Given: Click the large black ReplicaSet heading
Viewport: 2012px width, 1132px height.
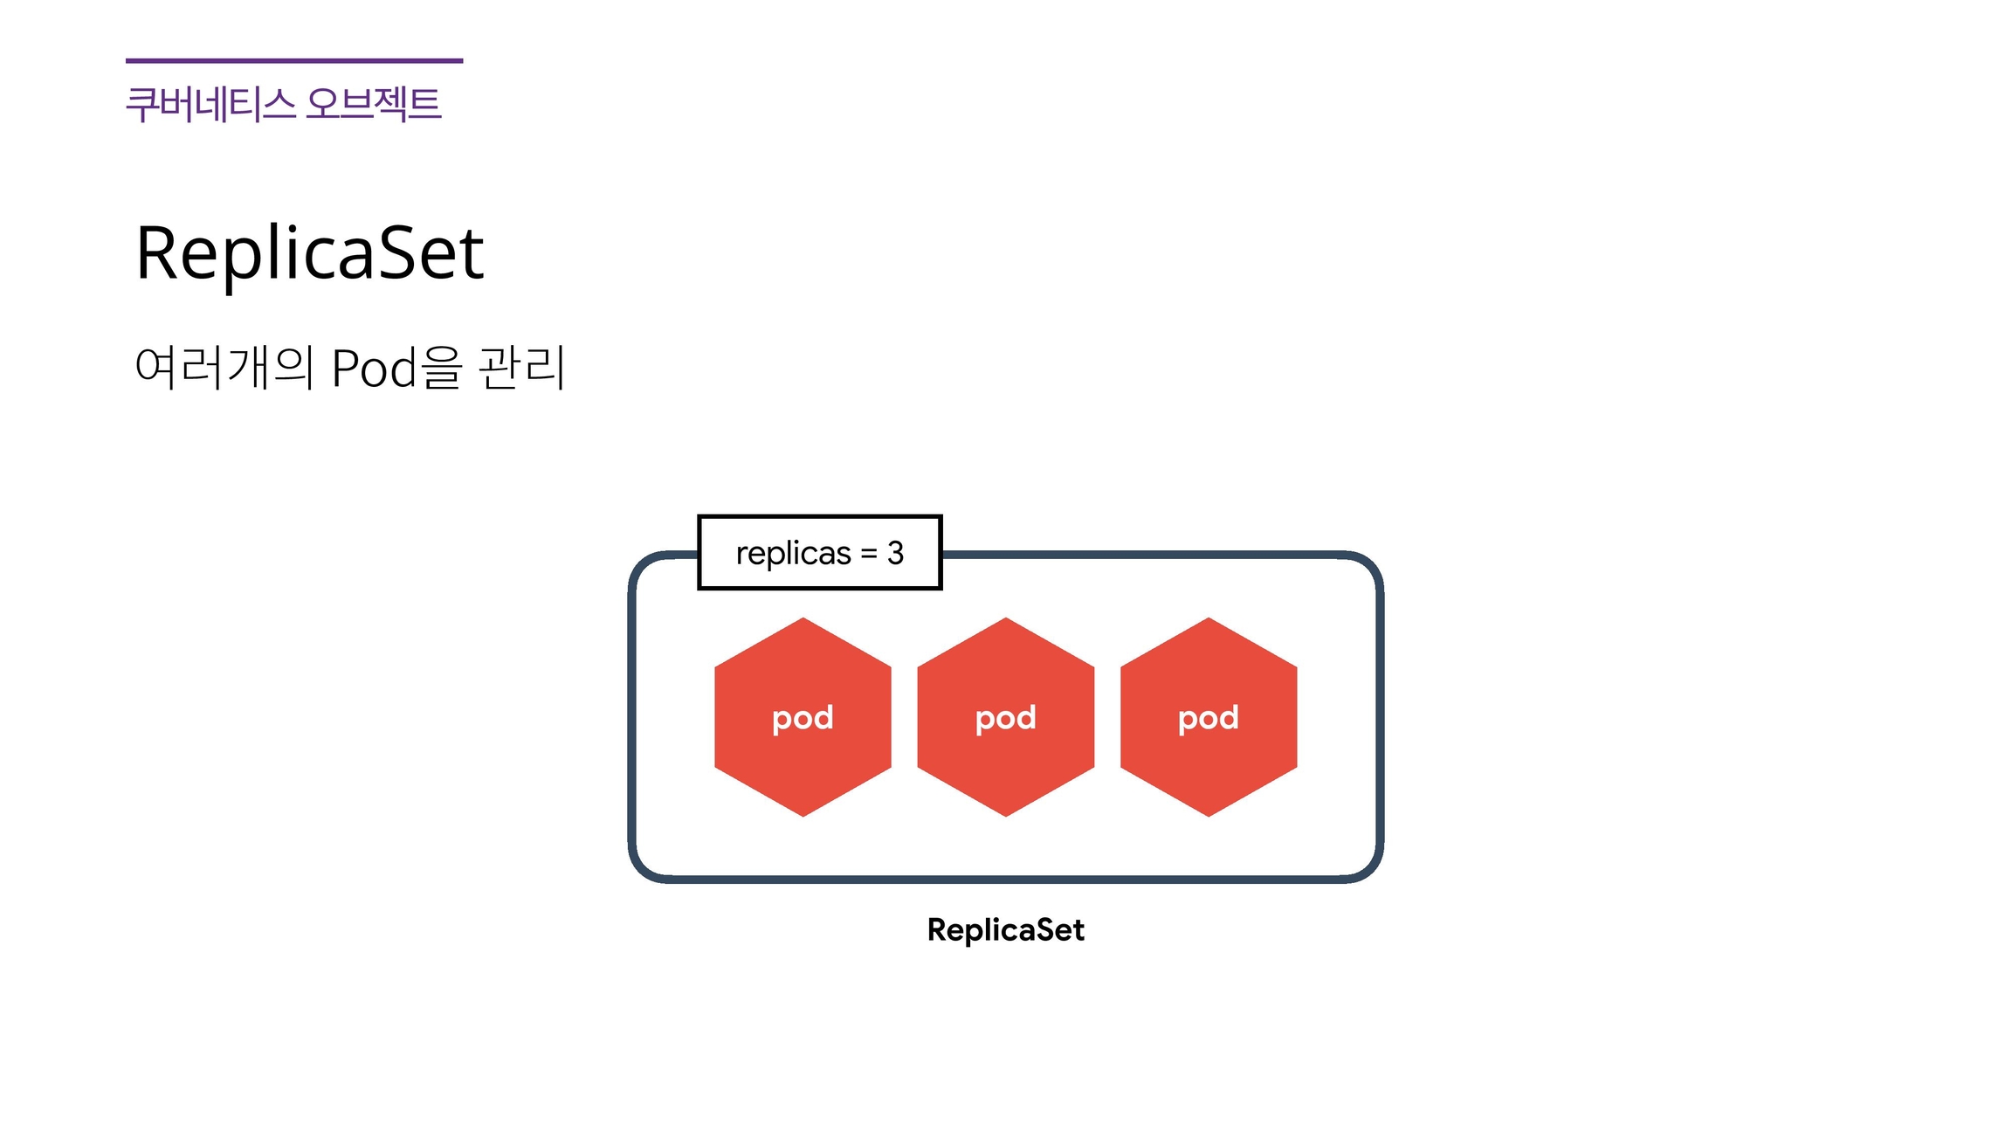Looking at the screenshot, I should click(310, 252).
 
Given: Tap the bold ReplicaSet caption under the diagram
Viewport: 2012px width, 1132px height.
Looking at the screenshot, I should click(1005, 930).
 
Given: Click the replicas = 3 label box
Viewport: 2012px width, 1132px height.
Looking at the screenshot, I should click(819, 553).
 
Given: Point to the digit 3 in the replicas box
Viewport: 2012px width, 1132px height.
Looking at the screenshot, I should click(895, 553).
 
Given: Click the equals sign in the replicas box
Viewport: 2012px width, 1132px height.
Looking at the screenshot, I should click(869, 554).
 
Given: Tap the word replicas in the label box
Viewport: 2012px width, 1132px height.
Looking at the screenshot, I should click(793, 554).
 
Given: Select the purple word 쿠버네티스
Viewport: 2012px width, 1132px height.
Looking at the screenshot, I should click(210, 104).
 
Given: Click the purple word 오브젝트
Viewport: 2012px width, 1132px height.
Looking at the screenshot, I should click(374, 104).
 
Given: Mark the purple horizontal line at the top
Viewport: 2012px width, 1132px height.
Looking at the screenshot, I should click(294, 61).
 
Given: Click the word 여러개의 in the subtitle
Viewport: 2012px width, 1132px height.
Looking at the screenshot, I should click(224, 367).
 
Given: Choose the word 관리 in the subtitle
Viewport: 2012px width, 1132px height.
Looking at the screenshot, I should click(522, 367).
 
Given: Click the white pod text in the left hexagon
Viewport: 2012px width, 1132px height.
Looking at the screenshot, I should click(803, 719).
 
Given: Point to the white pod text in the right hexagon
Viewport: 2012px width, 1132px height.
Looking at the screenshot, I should click(1208, 719).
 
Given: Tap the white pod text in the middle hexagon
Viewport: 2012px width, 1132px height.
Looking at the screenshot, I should click(1005, 719).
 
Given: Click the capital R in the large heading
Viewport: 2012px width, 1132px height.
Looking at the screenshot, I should click(157, 252).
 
